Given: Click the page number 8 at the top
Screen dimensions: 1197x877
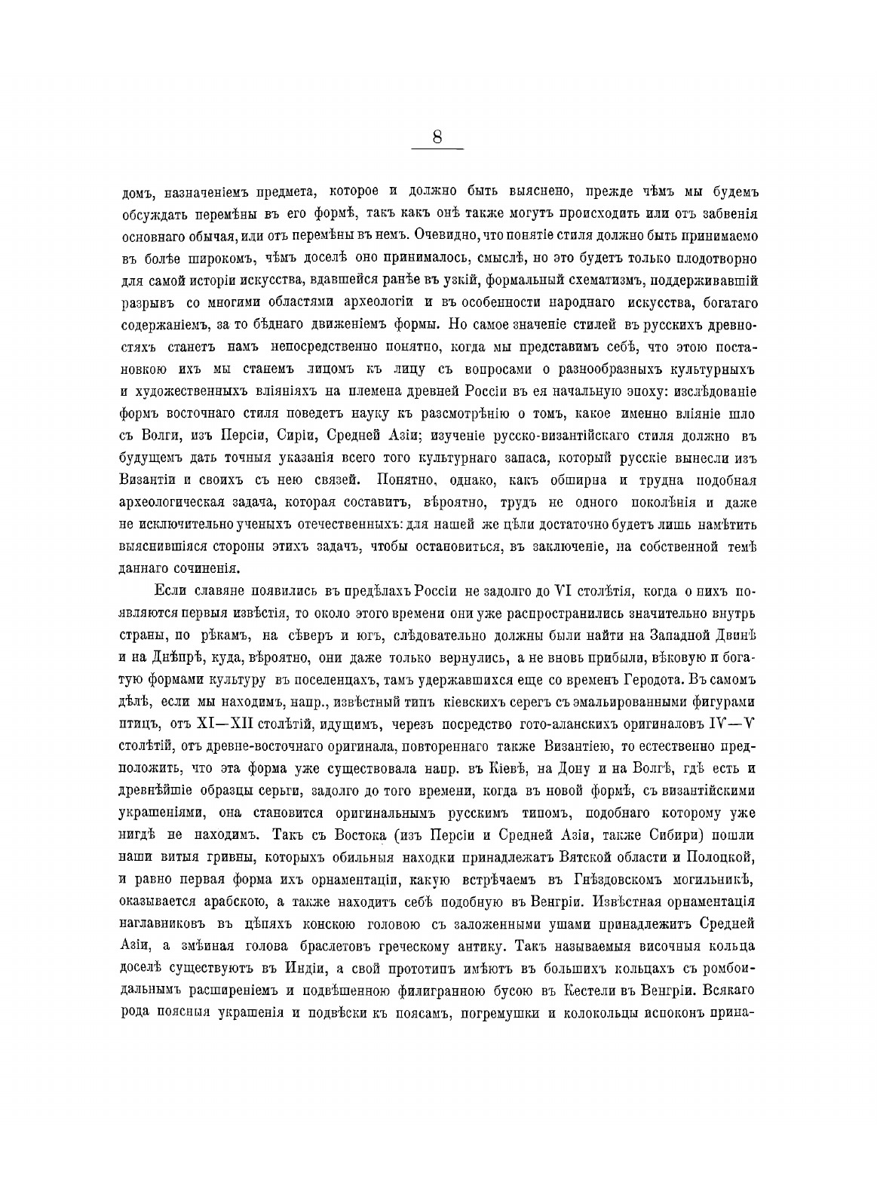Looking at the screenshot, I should coord(437,137).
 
